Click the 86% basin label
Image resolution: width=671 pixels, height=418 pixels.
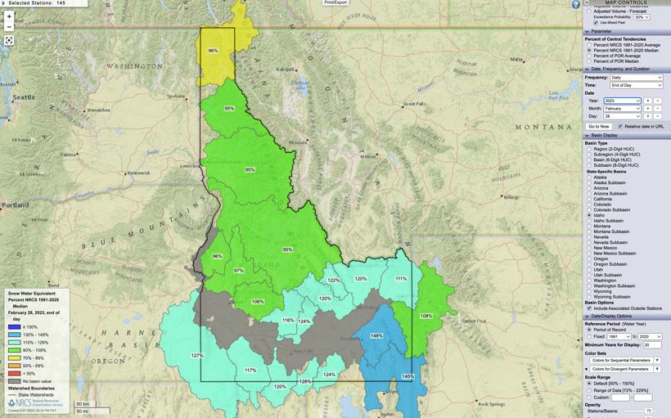click(213, 51)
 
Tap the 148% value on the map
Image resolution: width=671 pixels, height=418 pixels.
click(376, 336)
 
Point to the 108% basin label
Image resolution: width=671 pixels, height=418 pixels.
click(426, 316)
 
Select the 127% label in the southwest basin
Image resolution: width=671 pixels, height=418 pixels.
click(197, 355)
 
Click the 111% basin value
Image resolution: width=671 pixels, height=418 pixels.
click(400, 279)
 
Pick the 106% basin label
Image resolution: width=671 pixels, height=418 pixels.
click(258, 302)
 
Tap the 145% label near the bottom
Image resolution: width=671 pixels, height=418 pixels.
click(408, 376)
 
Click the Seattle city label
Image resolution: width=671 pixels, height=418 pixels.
click(24, 97)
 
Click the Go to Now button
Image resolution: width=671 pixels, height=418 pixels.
click(599, 126)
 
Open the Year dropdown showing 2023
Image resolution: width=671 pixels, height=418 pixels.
click(622, 101)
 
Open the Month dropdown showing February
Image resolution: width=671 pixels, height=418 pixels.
click(622, 108)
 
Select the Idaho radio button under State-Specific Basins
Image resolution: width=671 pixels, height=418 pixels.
click(589, 214)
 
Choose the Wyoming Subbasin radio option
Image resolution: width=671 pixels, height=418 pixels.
click(589, 296)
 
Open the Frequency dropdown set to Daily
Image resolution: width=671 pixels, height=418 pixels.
click(637, 77)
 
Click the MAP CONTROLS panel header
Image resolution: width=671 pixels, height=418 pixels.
click(626, 2)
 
